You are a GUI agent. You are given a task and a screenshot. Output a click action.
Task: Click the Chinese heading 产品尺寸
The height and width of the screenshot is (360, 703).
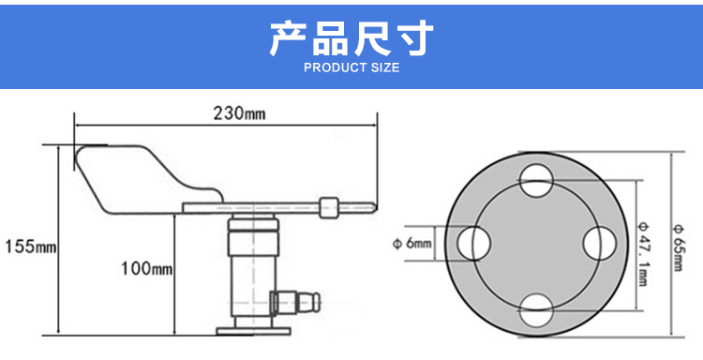[x=351, y=37]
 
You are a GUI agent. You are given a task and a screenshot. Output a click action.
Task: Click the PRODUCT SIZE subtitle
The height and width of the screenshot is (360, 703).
[x=351, y=67]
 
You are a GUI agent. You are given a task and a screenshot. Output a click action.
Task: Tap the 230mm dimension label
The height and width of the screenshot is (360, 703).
[x=239, y=113]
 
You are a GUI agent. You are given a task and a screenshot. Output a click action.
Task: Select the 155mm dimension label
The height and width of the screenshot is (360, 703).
[x=31, y=247]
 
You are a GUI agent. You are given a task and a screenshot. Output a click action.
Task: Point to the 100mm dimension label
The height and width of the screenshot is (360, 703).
[x=146, y=268]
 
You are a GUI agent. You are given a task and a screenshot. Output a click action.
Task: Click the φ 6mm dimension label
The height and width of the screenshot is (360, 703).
[x=412, y=244]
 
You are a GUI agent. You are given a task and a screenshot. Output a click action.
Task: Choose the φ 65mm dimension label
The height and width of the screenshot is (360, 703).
[x=677, y=247]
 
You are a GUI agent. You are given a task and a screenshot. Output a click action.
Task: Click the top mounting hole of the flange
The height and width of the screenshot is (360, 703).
[x=537, y=181]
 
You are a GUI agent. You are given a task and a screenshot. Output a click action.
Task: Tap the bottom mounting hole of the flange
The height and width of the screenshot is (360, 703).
[x=537, y=309]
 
